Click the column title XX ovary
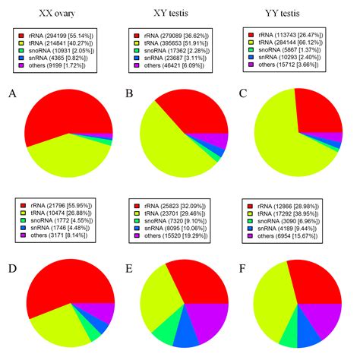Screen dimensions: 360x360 tap(60, 14)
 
